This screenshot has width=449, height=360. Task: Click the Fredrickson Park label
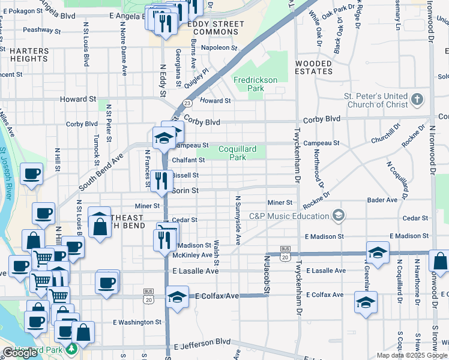pos(256,84)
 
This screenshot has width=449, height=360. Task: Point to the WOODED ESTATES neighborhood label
pos(313,67)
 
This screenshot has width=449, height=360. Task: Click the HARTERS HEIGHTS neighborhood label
pos(29,55)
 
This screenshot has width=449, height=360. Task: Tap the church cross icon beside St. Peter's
pos(417,99)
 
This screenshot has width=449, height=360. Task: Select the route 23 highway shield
pos(187,103)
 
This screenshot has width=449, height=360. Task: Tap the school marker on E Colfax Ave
pos(177,298)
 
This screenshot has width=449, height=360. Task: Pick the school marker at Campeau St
pos(164,138)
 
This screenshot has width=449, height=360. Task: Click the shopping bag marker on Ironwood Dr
pos(440,262)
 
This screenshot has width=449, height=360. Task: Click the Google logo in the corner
pos(20,353)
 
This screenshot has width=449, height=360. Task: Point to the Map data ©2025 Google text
pos(411,355)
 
